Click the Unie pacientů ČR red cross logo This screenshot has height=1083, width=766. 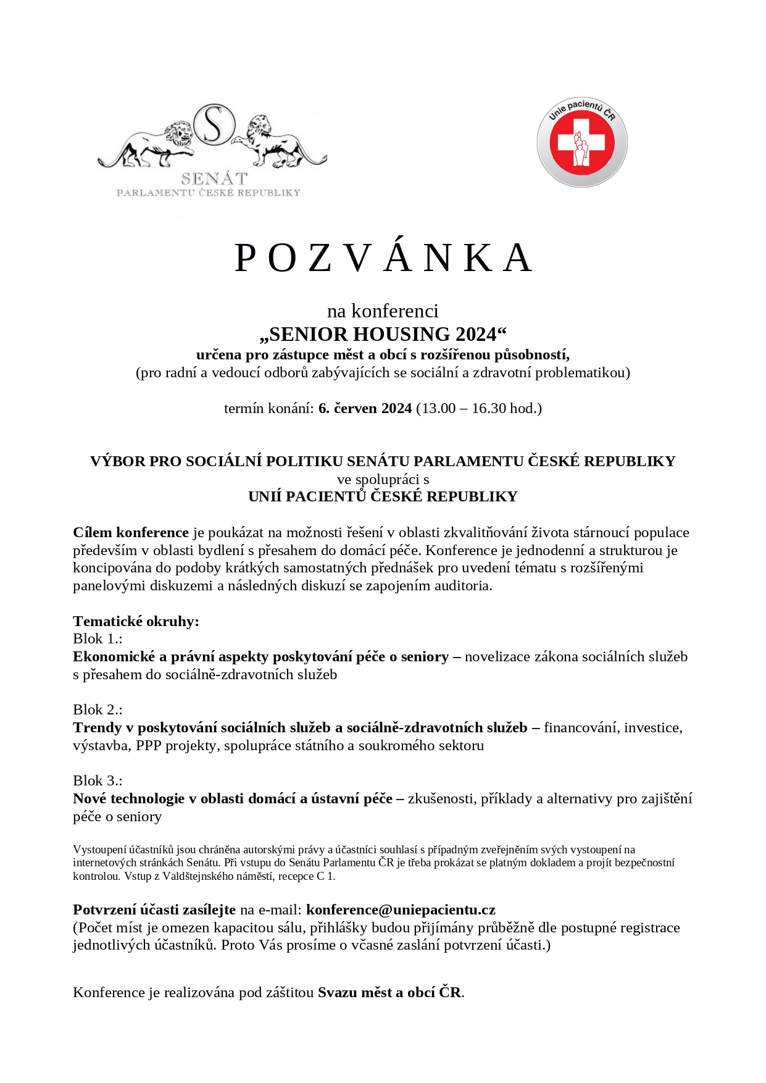(x=581, y=143)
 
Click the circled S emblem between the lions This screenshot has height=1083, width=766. (x=214, y=125)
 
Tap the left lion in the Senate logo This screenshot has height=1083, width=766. (x=151, y=146)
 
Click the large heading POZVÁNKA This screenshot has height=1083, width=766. (x=383, y=257)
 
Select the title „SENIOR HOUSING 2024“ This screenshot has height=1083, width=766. (x=383, y=334)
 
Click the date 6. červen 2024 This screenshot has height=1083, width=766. (x=365, y=408)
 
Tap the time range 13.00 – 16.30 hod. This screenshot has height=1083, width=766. (x=479, y=408)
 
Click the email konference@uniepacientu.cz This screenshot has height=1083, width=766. (x=401, y=909)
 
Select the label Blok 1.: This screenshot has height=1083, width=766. (x=98, y=638)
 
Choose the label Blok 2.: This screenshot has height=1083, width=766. (x=98, y=709)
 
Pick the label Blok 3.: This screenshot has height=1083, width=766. (x=98, y=780)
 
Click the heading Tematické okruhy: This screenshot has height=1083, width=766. (x=136, y=621)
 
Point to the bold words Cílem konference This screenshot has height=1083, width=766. (x=130, y=532)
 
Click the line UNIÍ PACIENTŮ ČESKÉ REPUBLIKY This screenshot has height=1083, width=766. (x=383, y=496)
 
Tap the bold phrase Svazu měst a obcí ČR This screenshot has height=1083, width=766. (x=389, y=992)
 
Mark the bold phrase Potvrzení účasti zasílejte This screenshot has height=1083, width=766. (x=154, y=909)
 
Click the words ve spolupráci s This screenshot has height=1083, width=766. (x=383, y=479)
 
